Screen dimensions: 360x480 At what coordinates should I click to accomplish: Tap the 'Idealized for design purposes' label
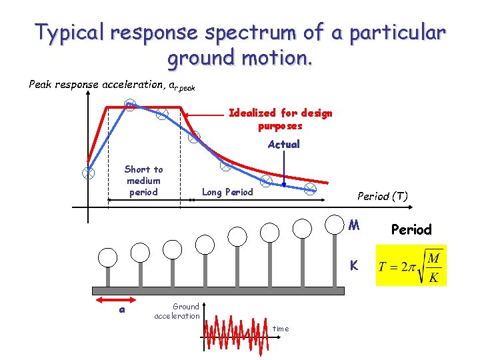click(280, 119)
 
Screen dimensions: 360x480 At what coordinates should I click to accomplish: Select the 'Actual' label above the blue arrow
click(283, 144)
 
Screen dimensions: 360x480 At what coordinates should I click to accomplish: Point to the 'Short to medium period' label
click(143, 181)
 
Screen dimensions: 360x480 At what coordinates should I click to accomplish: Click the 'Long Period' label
click(227, 192)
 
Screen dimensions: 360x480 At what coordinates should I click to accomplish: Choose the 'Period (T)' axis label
click(383, 196)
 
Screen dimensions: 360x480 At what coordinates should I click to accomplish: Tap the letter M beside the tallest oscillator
click(355, 225)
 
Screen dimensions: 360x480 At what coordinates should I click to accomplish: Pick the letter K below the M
click(355, 265)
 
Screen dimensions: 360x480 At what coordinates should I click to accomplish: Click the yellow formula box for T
click(411, 265)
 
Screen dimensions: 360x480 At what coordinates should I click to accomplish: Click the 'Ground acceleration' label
click(177, 311)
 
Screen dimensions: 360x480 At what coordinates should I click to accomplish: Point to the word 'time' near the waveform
click(281, 329)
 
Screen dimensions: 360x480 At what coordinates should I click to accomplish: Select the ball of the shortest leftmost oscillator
click(107, 257)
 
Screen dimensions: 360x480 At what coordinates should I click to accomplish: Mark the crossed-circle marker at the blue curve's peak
click(130, 105)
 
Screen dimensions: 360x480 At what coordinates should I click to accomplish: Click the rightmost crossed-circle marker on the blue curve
click(310, 190)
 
